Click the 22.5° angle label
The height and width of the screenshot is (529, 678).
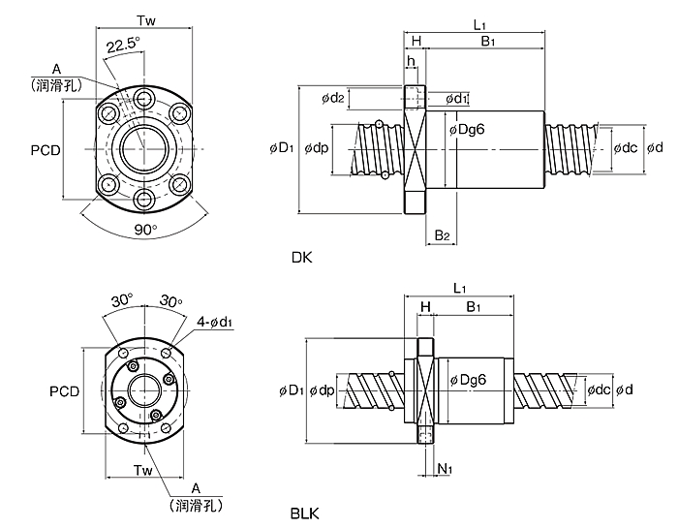tap(124, 45)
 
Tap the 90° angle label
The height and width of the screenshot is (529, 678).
tap(145, 230)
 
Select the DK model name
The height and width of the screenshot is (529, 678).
tap(301, 258)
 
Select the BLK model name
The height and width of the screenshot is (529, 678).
tap(305, 513)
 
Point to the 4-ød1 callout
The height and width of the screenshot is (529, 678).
tap(215, 323)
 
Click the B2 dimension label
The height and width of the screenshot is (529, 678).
tap(442, 235)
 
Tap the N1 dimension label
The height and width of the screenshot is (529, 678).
tap(445, 468)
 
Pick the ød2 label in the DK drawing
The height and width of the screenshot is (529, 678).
tap(332, 98)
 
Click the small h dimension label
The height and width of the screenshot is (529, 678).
tap(411, 61)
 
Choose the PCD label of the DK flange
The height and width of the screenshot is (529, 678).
tap(46, 150)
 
